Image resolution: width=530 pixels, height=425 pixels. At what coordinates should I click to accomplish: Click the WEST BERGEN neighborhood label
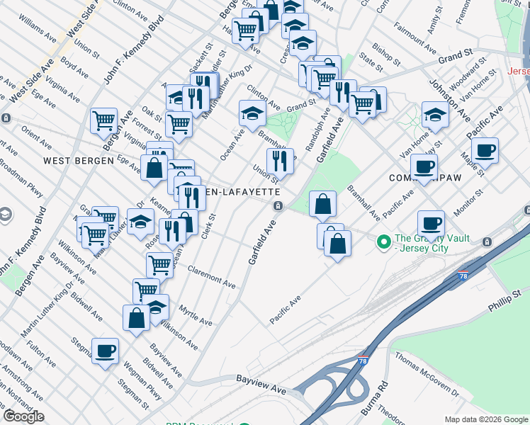[79, 161]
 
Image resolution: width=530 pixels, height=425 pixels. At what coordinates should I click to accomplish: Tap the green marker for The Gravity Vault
[384, 243]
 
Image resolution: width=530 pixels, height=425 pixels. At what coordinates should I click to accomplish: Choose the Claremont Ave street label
[212, 276]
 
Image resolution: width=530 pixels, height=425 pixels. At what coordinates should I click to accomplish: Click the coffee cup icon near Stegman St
[105, 351]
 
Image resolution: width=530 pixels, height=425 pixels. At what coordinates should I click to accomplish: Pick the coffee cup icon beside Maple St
[485, 150]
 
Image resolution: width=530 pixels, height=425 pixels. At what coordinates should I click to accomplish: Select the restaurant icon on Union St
[280, 161]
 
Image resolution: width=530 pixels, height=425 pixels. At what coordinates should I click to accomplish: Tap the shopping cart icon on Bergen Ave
[104, 121]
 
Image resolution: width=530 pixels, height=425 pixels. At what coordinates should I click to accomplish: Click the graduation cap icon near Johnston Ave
[435, 114]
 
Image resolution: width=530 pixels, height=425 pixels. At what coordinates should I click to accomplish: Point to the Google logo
[23, 416]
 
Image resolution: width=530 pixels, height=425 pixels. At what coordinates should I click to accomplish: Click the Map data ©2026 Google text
[487, 419]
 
